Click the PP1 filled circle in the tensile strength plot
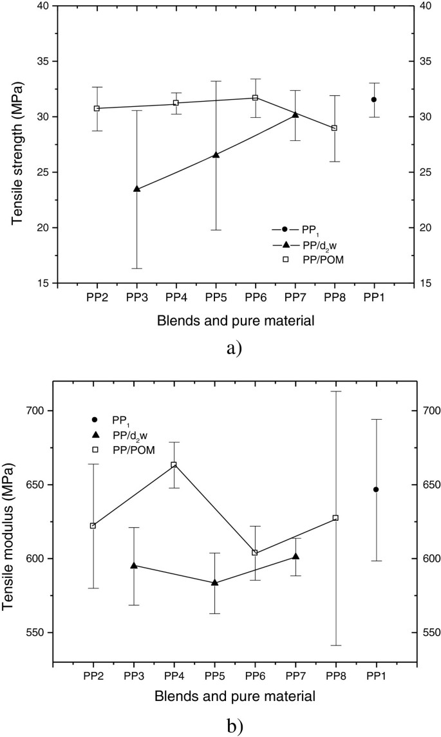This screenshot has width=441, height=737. [x=373, y=99]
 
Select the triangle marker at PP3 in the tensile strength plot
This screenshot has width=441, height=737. [x=136, y=189]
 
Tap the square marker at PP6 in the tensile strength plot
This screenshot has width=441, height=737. [x=255, y=98]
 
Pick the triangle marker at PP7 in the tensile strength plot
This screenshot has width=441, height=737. [x=295, y=115]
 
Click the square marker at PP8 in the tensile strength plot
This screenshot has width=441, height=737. [x=334, y=127]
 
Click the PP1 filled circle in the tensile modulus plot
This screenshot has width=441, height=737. [x=376, y=489]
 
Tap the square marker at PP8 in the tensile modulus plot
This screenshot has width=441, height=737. [x=335, y=518]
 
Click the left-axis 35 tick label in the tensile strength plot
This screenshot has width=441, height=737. [x=41, y=61]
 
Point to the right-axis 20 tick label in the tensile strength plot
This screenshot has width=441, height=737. [x=415, y=228]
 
